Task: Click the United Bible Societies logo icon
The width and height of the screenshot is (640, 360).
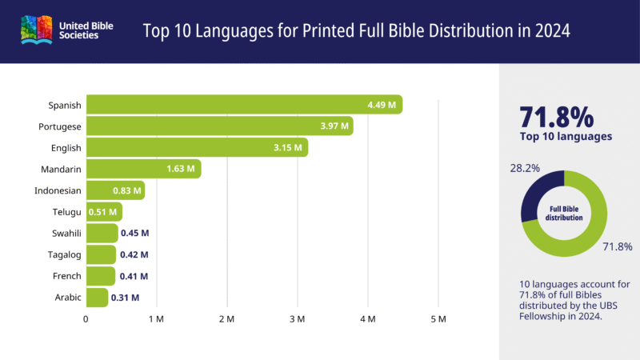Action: [37, 31]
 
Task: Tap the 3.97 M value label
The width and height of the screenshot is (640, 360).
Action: [333, 126]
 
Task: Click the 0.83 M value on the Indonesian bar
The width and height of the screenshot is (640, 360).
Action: [126, 190]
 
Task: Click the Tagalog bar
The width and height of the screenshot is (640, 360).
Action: [101, 254]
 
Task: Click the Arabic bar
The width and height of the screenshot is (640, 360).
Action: [97, 298]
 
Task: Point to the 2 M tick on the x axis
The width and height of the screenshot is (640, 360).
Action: [226, 319]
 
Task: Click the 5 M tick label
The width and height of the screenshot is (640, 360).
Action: [438, 319]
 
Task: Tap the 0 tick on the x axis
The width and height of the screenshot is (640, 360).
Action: [86, 319]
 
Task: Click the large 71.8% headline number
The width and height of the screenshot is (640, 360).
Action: [557, 117]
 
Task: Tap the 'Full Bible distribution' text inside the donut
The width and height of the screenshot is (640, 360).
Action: [564, 213]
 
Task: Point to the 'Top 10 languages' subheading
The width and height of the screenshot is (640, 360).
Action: [566, 136]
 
